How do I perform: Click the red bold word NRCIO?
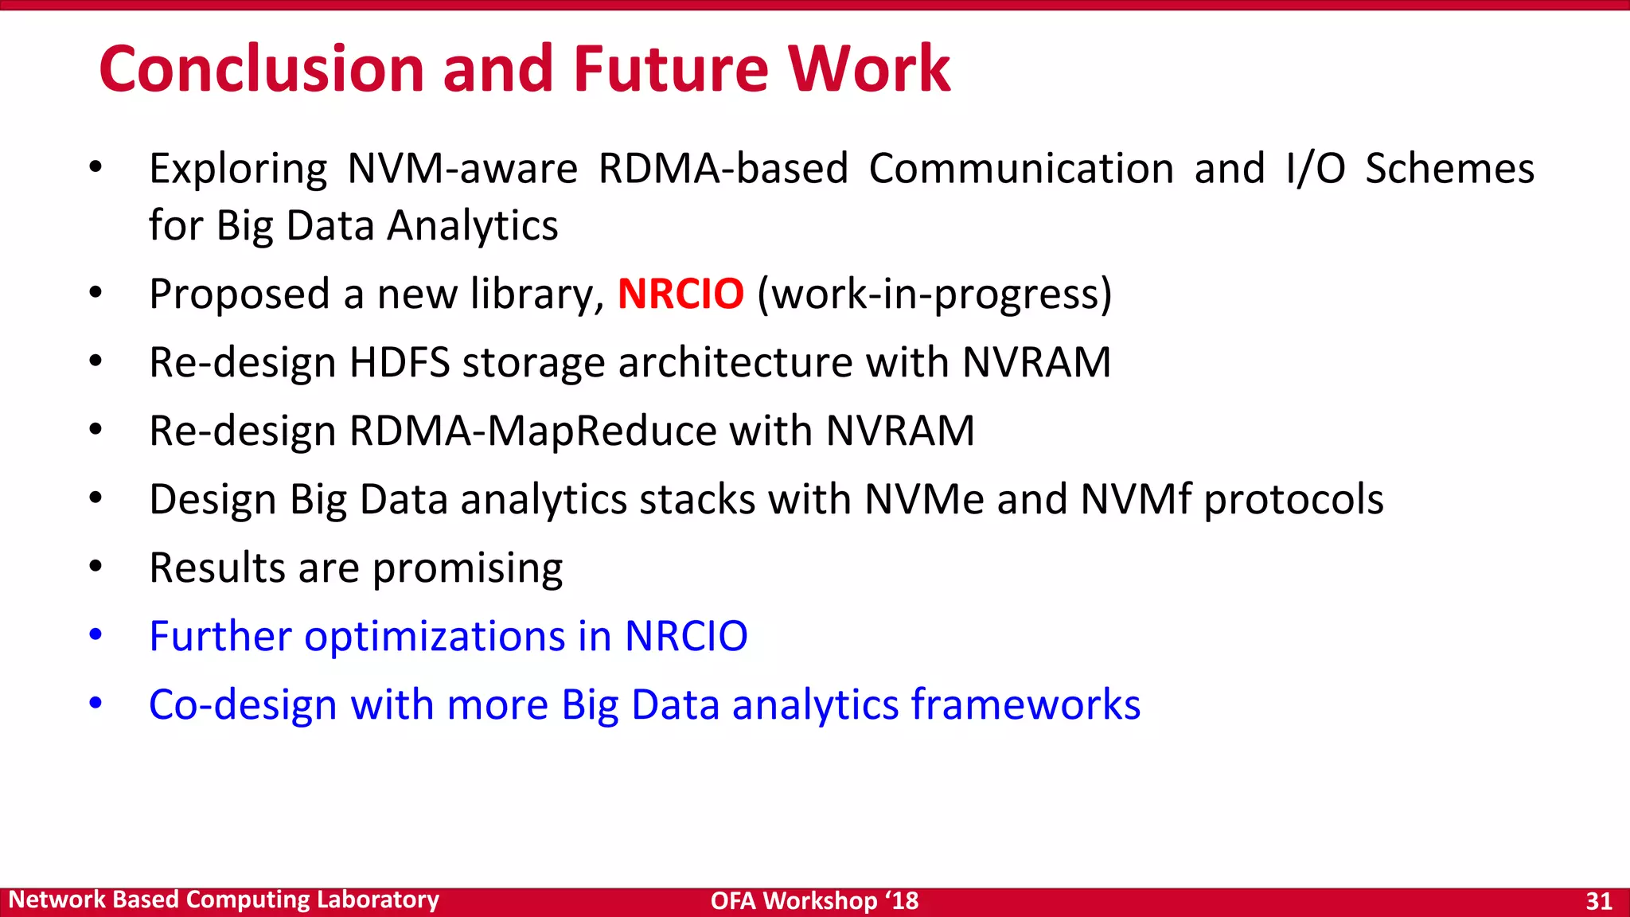click(680, 294)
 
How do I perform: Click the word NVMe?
click(924, 500)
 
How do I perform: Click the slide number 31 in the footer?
click(1598, 901)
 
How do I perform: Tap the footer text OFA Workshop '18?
click(814, 901)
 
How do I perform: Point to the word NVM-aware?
click(462, 169)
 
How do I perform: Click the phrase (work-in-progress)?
click(934, 295)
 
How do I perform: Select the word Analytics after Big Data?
click(473, 226)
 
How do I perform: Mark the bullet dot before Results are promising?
click(96, 567)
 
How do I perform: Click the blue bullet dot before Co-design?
click(96, 704)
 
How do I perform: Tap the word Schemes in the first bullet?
click(1449, 169)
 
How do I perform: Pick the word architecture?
click(735, 363)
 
